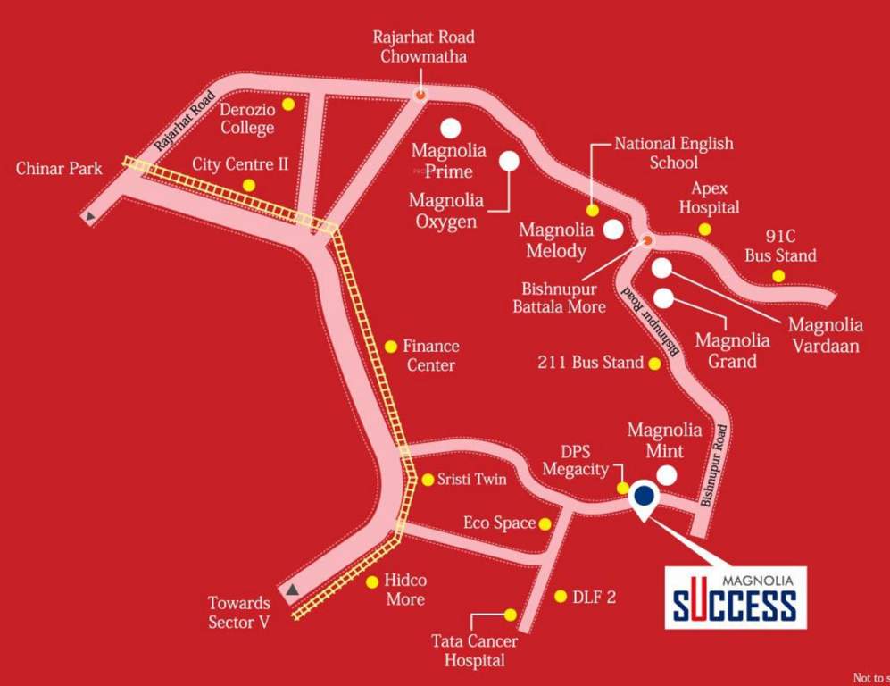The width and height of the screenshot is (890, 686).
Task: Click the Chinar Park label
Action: pos(59,168)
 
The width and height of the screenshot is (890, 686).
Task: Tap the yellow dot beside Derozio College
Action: pos(288,105)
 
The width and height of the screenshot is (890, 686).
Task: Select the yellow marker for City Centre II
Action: pos(249,185)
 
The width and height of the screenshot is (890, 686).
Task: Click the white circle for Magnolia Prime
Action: pos(450,128)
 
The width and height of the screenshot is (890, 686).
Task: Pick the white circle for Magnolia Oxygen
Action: pos(509,161)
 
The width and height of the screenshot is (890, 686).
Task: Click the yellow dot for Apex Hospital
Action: pos(705,230)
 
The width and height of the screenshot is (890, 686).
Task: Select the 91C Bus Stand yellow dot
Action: pos(778,275)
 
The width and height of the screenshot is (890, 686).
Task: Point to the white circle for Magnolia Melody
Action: pos(612,230)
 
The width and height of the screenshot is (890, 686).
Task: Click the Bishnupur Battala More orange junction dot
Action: pos(648,240)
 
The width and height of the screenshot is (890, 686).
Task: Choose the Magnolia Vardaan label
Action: pos(826,334)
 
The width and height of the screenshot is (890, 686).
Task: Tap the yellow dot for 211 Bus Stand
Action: pos(654,364)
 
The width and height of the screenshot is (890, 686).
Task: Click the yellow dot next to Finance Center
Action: pos(390,346)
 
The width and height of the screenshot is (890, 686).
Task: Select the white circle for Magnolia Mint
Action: pos(667,475)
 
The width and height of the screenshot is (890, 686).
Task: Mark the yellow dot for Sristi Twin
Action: pos(428,480)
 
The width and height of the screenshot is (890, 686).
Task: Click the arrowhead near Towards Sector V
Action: pos(294,590)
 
